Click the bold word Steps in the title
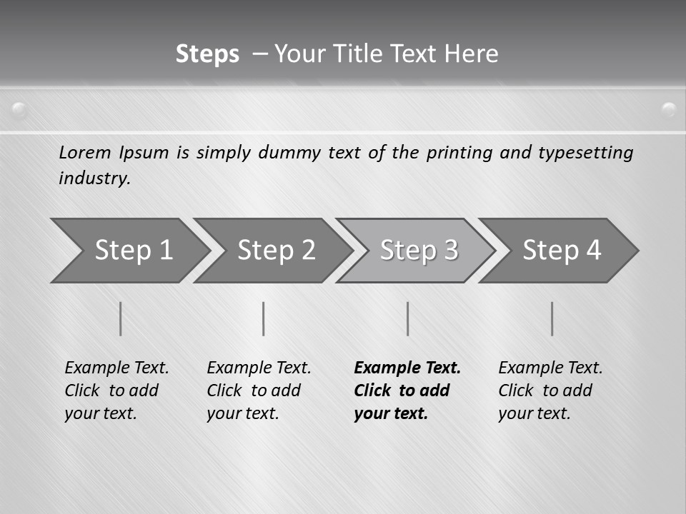point(207,54)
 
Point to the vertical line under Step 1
point(121,318)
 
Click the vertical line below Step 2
point(264,318)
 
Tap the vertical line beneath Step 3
point(407,318)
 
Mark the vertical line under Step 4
point(552,318)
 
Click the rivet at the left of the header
point(19,110)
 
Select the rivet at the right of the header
point(669,110)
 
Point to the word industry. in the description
point(94,178)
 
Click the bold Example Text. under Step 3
point(407,368)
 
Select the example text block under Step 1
point(116,390)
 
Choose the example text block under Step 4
point(550,390)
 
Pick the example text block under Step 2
point(259,390)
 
